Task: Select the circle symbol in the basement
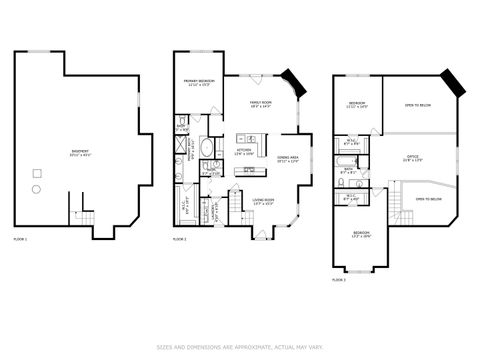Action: tap(37, 188)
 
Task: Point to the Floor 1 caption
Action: tap(20, 239)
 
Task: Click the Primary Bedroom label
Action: tap(200, 81)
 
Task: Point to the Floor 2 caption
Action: tap(180, 239)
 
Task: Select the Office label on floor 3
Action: tap(412, 158)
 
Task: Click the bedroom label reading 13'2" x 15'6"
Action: tap(360, 236)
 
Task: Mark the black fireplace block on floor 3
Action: tap(451, 83)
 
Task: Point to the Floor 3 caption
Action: tap(339, 280)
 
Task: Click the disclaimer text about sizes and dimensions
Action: tap(240, 347)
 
